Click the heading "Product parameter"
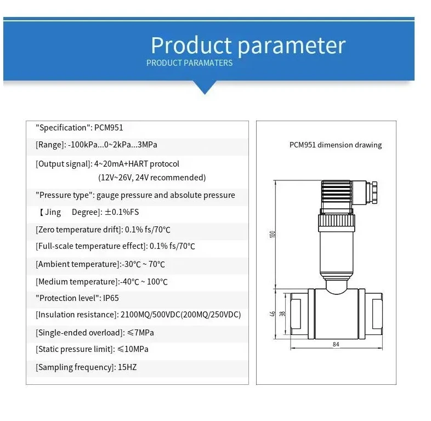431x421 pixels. [x=248, y=45]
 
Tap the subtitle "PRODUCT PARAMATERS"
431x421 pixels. [x=189, y=63]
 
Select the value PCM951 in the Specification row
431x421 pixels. [x=109, y=128]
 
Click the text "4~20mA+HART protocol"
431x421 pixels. [x=137, y=163]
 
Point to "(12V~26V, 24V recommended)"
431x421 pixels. [x=152, y=177]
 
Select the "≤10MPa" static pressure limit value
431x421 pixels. [x=133, y=349]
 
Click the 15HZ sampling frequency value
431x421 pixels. [x=127, y=367]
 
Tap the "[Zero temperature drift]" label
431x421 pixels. [x=79, y=230]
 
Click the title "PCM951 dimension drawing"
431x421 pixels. [x=336, y=145]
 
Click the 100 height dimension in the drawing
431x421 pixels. [x=273, y=234]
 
